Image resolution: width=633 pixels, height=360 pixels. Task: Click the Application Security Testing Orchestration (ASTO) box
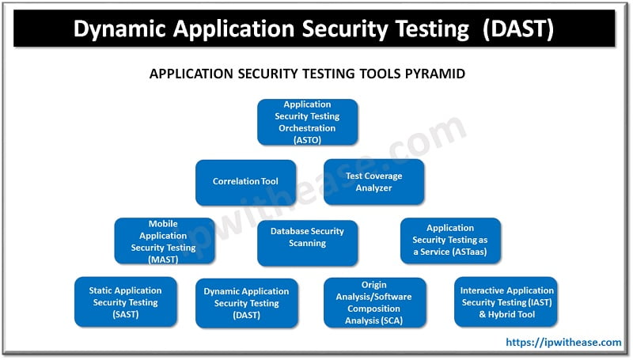pyautogui.click(x=308, y=122)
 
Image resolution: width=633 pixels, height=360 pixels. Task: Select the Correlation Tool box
pyautogui.click(x=246, y=182)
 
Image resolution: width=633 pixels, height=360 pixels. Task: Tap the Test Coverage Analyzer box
pyautogui.click(x=373, y=182)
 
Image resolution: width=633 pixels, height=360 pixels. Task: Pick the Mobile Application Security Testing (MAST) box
pyautogui.click(x=164, y=241)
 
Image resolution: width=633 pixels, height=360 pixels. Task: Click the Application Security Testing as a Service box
pyautogui.click(x=449, y=241)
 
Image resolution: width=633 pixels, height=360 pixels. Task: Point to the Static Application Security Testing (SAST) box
pyautogui.click(x=125, y=302)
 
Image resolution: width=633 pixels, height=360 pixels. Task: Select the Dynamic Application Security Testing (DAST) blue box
pyautogui.click(x=246, y=303)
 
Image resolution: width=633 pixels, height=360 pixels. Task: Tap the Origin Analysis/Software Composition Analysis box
pyautogui.click(x=374, y=302)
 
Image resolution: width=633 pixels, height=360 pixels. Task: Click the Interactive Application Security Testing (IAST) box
pyautogui.click(x=506, y=302)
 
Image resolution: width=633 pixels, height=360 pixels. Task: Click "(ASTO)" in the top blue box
pyautogui.click(x=308, y=139)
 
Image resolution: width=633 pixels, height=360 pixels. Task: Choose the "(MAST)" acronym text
pyautogui.click(x=164, y=259)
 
